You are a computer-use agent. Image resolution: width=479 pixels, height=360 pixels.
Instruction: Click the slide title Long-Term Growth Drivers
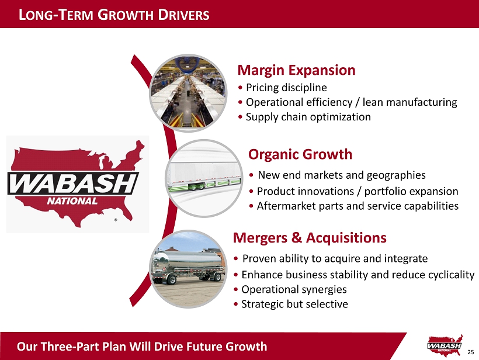(x=114, y=15)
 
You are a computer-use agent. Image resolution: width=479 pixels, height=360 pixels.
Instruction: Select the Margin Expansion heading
(x=296, y=70)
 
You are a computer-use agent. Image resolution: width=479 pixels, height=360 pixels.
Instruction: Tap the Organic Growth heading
(x=300, y=154)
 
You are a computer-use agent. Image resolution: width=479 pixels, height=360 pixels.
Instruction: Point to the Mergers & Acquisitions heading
(x=310, y=237)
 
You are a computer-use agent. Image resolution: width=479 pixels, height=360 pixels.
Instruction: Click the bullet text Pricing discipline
(x=286, y=88)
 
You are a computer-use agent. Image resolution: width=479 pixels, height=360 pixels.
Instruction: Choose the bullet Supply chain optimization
(x=308, y=117)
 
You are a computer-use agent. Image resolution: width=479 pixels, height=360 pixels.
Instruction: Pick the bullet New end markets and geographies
(x=342, y=175)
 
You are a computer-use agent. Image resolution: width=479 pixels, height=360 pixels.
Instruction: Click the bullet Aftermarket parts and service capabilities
(x=357, y=206)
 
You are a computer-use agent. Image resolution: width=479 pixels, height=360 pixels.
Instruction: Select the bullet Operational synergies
(x=294, y=289)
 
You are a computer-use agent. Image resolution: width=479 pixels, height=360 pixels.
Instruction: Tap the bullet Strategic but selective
(x=294, y=304)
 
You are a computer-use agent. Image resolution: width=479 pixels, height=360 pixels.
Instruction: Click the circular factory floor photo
(x=188, y=94)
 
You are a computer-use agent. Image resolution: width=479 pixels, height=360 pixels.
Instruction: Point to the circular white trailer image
(x=204, y=178)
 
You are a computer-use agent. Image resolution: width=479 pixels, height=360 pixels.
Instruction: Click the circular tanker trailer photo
(x=188, y=269)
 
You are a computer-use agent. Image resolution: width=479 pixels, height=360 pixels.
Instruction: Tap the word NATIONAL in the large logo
(x=72, y=201)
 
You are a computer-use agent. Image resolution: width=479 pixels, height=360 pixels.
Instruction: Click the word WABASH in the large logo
(x=72, y=184)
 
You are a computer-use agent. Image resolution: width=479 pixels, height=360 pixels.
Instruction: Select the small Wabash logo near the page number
(x=445, y=345)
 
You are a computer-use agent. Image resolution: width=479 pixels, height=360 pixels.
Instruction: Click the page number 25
(x=470, y=352)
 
